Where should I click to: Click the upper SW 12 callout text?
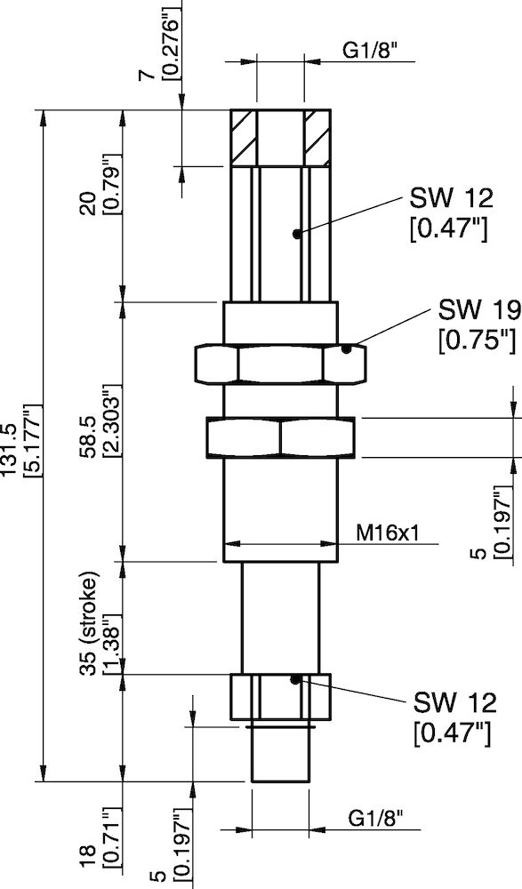(448, 197)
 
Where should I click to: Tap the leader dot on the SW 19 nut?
(350, 348)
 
